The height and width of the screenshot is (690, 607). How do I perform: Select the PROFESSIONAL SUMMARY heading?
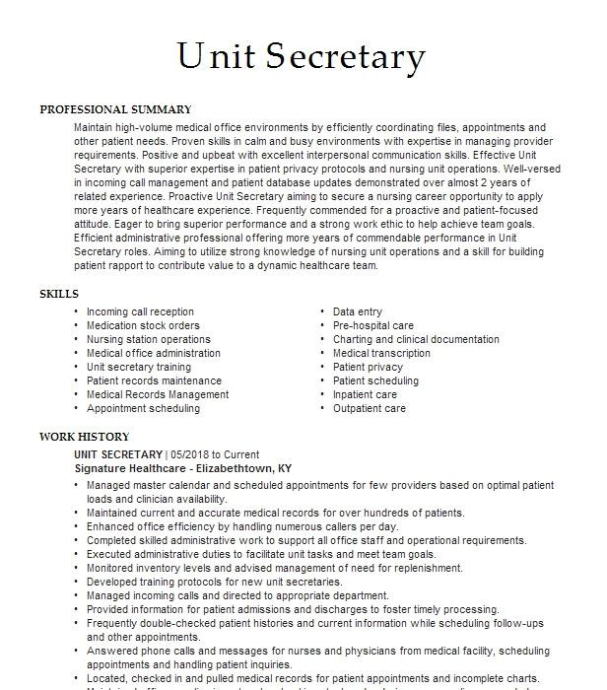[115, 109]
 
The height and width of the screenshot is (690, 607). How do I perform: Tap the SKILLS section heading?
[59, 294]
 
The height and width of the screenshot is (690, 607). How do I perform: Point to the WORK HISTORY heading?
[85, 437]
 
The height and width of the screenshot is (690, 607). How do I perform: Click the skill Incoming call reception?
[140, 311]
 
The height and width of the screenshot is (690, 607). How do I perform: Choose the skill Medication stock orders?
[143, 325]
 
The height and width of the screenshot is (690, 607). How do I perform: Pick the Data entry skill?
[358, 311]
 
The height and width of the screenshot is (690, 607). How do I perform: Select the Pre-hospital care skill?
[373, 325]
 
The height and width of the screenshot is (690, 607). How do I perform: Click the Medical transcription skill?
[381, 353]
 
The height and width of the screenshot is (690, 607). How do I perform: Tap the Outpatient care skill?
[370, 408]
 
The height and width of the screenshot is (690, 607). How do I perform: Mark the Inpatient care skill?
[366, 394]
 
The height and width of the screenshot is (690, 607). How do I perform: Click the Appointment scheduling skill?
[143, 408]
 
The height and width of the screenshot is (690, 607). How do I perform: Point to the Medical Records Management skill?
[158, 394]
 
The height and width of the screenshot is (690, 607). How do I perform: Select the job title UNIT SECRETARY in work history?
[117, 454]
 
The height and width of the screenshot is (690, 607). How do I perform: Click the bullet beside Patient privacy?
[323, 367]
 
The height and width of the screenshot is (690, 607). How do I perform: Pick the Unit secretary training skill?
[139, 367]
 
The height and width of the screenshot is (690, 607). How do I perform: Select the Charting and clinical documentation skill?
[416, 339]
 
